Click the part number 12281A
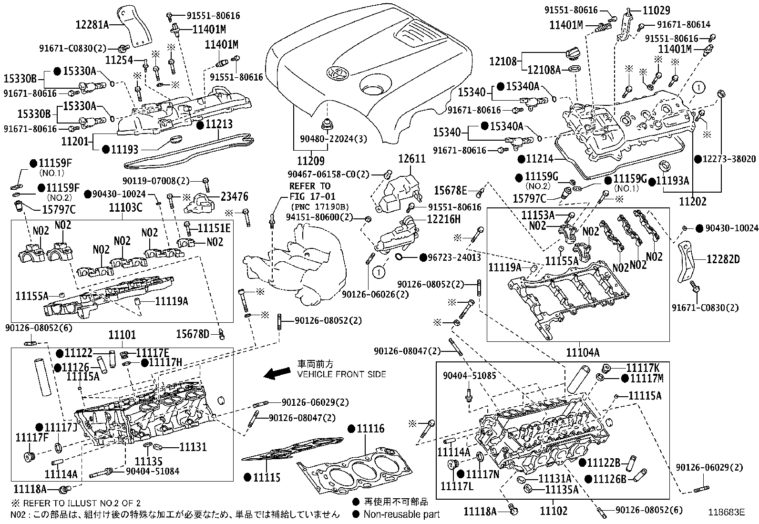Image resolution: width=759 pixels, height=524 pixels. pos(92,24)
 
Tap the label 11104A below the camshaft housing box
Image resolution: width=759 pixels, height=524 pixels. pos(583,352)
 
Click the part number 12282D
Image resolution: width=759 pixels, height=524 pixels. pos(723,259)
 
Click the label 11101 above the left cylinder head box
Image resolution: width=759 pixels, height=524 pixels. pos(122,335)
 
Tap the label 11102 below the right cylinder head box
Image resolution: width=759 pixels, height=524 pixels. pos(554,511)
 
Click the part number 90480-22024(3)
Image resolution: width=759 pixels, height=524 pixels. pos(327,139)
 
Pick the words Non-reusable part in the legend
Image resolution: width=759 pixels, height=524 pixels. pos(401,514)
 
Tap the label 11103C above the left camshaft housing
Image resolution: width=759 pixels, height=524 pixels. pos(125,207)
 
